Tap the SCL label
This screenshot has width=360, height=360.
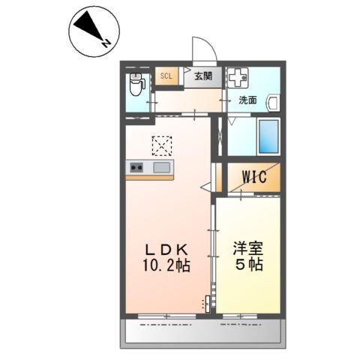(165, 75)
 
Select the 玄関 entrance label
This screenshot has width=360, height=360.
(202, 76)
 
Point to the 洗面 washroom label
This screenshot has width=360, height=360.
(248, 99)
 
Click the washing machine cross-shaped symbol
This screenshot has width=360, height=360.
(238, 78)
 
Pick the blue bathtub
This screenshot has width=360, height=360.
(268, 136)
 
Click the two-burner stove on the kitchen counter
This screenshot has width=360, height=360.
(137, 167)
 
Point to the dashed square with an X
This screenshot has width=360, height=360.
(161, 145)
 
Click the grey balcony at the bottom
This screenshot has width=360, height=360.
(202, 331)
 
